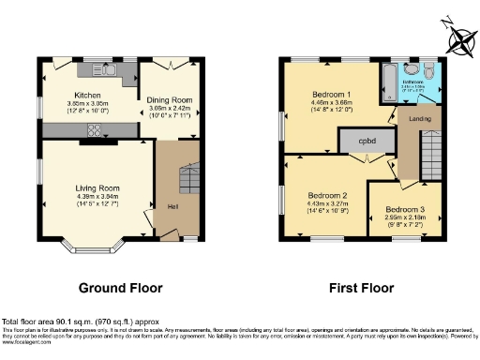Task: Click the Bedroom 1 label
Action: tap(332, 95)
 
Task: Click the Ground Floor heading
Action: tap(119, 288)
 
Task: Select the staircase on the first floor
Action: tap(432, 155)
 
